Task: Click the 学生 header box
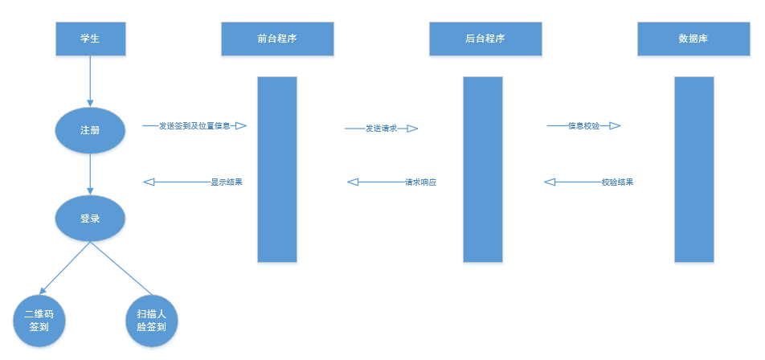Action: pyautogui.click(x=89, y=39)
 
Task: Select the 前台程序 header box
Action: pyautogui.click(x=277, y=39)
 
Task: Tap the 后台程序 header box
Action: pyautogui.click(x=485, y=39)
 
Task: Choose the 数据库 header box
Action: pyautogui.click(x=693, y=39)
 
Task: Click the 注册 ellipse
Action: pyautogui.click(x=90, y=129)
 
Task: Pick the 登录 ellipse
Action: pyautogui.click(x=90, y=218)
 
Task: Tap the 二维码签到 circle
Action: pyautogui.click(x=39, y=321)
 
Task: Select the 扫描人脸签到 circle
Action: pyautogui.click(x=151, y=321)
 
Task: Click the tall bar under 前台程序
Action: pyautogui.click(x=277, y=169)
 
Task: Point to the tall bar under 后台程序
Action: pyautogui.click(x=483, y=169)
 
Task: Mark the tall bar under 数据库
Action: pyautogui.click(x=694, y=169)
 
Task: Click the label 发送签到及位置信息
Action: pyautogui.click(x=194, y=126)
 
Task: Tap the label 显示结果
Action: pyautogui.click(x=226, y=182)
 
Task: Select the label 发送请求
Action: pyautogui.click(x=381, y=129)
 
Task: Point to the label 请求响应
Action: pyautogui.click(x=420, y=182)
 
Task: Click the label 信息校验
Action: pyautogui.click(x=583, y=126)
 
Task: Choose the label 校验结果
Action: pyautogui.click(x=617, y=182)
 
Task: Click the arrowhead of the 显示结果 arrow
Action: pyautogui.click(x=149, y=182)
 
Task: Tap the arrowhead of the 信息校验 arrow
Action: pyautogui.click(x=615, y=126)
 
